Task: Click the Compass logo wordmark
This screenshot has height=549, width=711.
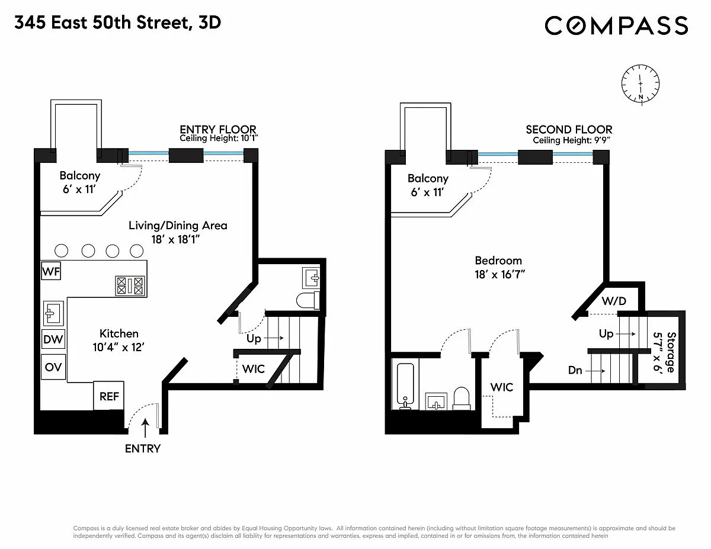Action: [x=616, y=25]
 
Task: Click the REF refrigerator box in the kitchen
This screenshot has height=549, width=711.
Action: [x=108, y=396]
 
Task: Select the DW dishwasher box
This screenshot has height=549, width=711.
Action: [x=53, y=339]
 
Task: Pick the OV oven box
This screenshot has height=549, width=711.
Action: [x=53, y=367]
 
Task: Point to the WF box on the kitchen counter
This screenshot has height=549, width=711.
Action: [x=51, y=271]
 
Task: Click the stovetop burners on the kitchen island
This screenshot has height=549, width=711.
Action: [x=130, y=286]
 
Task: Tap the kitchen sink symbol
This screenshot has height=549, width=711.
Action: [x=53, y=313]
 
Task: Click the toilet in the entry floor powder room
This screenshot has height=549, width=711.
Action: [x=308, y=300]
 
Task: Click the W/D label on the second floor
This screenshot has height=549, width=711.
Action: [x=614, y=301]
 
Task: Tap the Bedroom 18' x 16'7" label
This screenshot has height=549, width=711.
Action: [x=499, y=268]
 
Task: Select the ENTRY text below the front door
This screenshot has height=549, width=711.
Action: [x=143, y=449]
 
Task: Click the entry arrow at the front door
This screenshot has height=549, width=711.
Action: [x=145, y=428]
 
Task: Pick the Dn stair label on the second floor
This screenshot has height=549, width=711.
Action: [x=575, y=370]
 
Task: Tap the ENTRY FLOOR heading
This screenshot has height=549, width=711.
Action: [x=218, y=129]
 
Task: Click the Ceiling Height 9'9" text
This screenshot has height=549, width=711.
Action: [x=571, y=140]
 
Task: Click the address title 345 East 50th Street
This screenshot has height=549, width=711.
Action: [x=102, y=23]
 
